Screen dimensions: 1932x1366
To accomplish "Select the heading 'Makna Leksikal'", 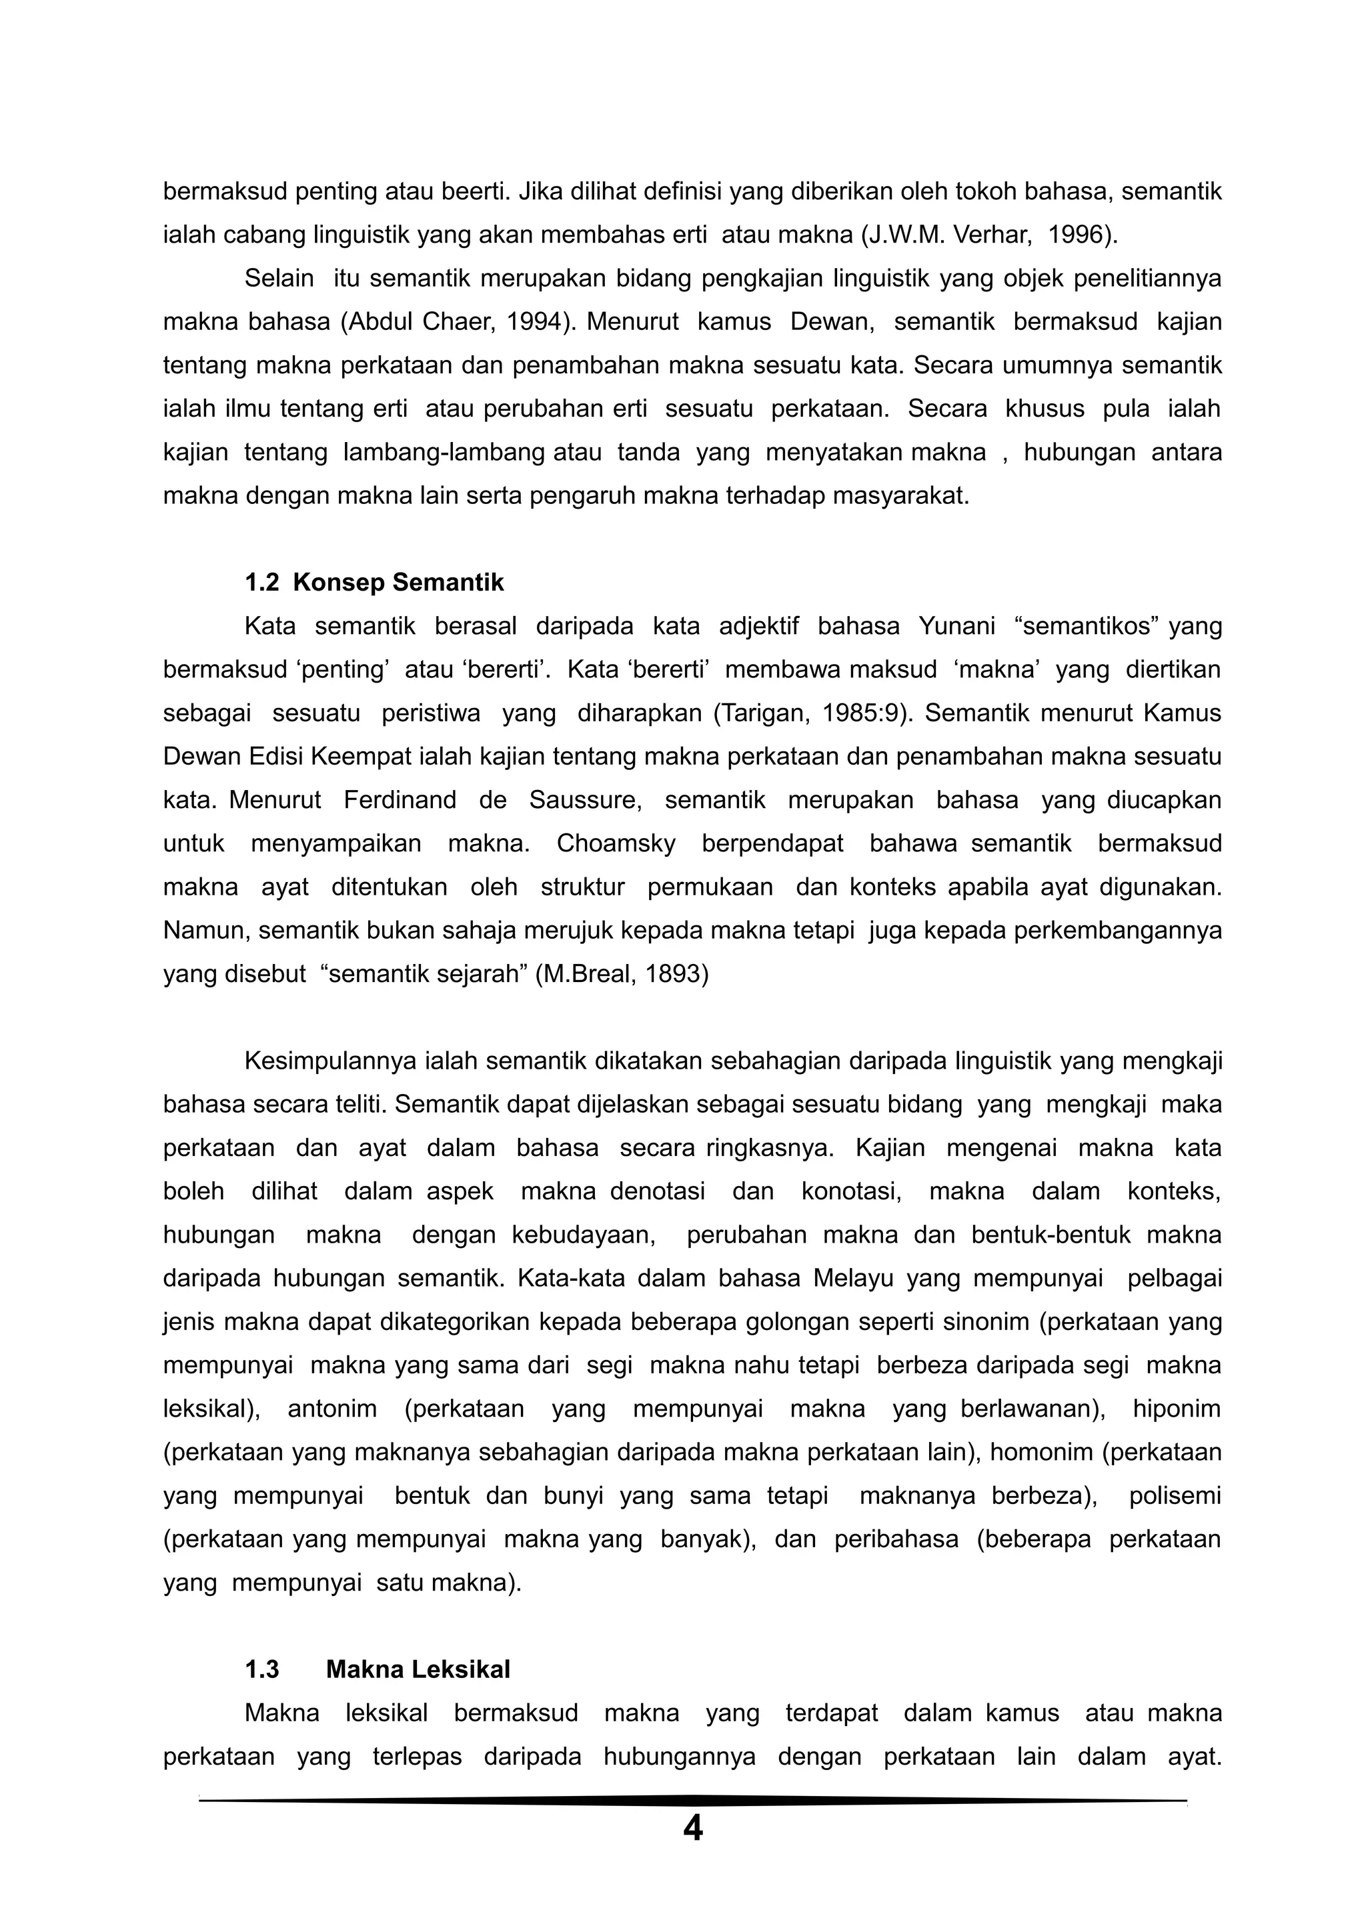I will coord(418,1669).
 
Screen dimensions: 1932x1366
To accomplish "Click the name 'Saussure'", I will coord(585,799).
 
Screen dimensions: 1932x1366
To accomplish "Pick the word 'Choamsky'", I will coord(616,843).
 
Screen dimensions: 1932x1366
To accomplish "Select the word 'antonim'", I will coord(331,1409).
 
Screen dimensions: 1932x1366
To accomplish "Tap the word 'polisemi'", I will coord(1174,1495).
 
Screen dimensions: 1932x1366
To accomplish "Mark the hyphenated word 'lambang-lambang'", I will coord(444,452).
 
